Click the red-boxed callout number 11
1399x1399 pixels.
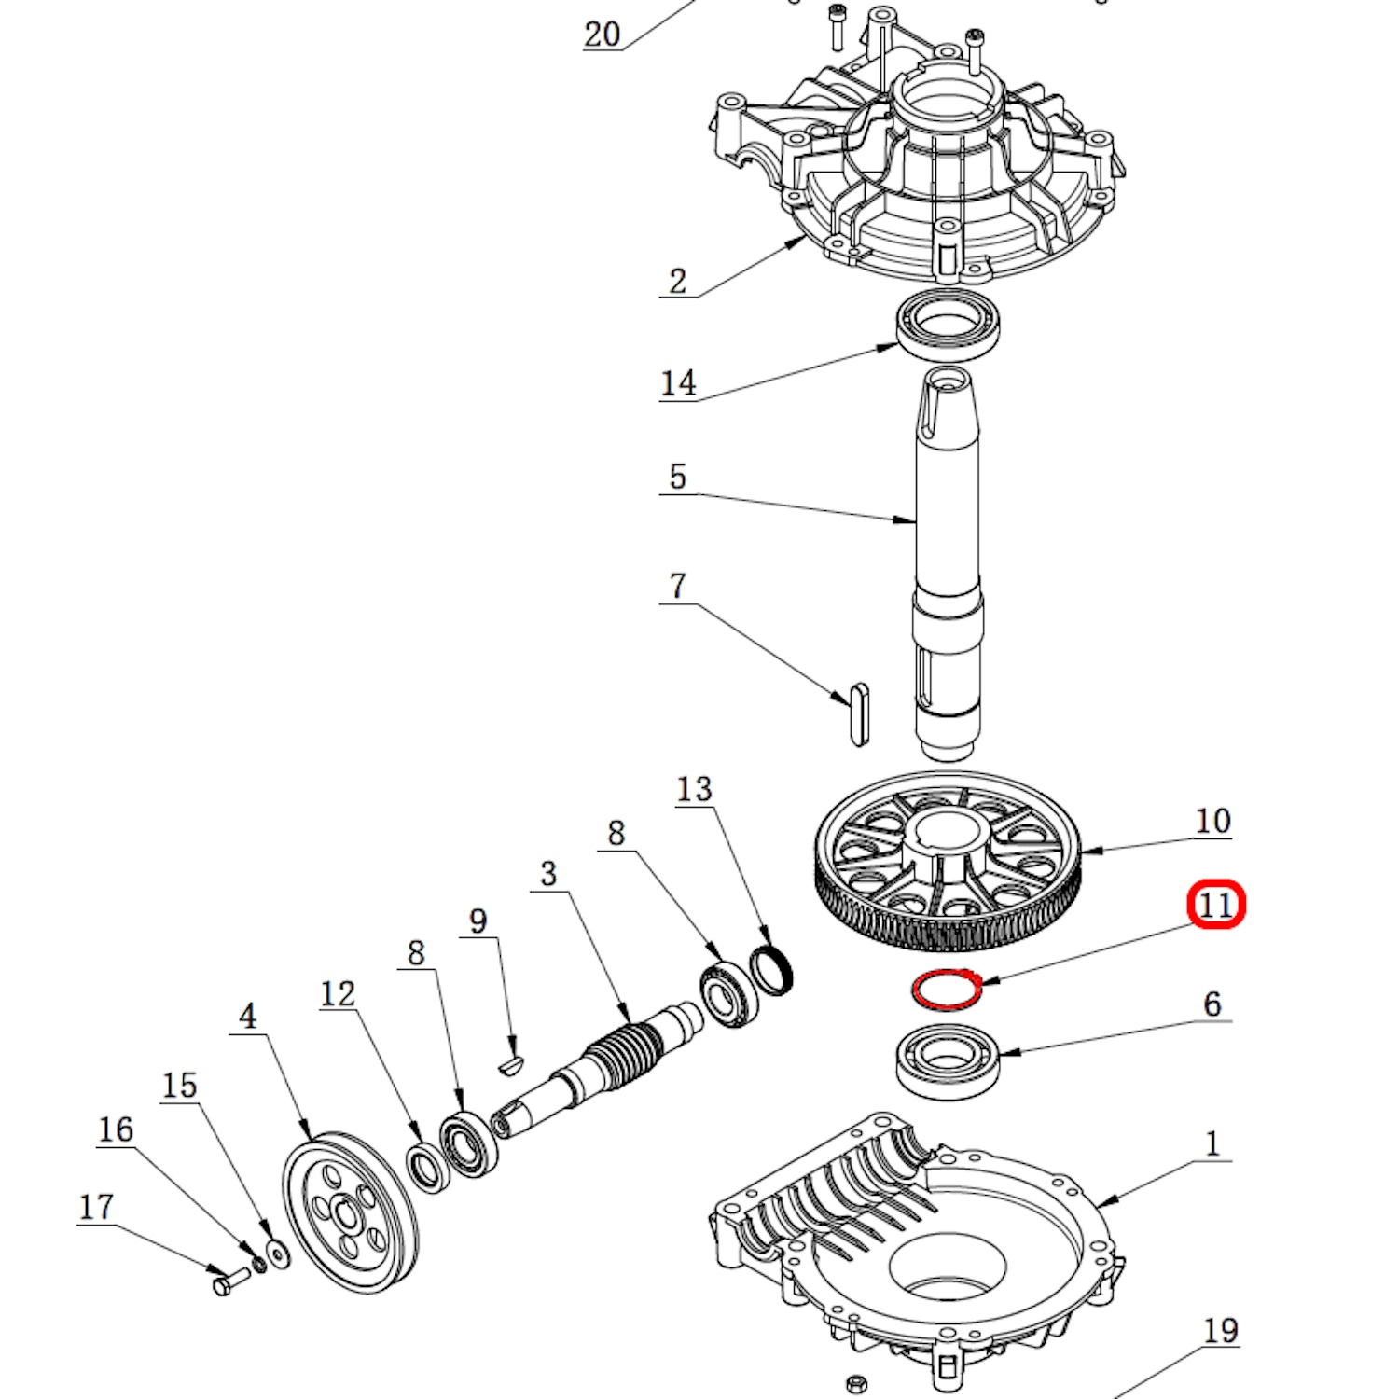[x=1216, y=905]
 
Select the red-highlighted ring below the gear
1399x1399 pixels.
[x=945, y=989]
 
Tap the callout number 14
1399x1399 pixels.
[x=678, y=382]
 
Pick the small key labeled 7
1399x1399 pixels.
[x=860, y=714]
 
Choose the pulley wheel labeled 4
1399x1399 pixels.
[x=350, y=1212]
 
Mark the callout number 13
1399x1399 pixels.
[x=694, y=789]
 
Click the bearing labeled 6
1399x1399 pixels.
[x=948, y=1060]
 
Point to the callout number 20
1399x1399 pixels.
[x=602, y=35]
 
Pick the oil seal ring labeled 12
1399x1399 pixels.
[x=429, y=1166]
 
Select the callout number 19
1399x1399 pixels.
[x=1221, y=1331]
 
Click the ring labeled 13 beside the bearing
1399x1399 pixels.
[x=772, y=970]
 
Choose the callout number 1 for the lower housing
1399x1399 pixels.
[x=1212, y=1143]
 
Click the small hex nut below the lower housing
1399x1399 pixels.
[x=856, y=1381]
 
